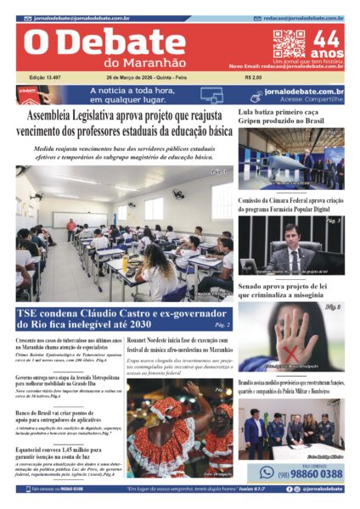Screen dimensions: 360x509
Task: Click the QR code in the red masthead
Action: pos(288,44)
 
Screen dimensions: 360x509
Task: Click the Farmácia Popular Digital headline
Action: pos(289,204)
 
